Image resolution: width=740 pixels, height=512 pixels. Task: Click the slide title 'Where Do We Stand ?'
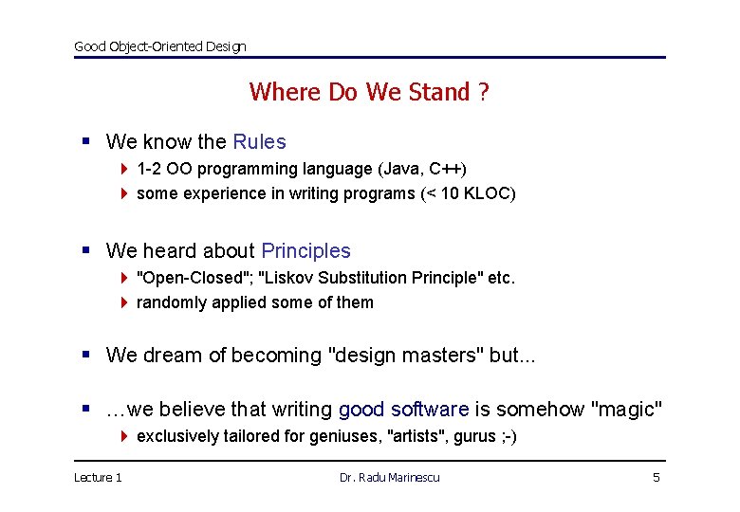click(369, 92)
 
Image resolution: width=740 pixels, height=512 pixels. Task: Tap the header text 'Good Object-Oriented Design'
click(160, 46)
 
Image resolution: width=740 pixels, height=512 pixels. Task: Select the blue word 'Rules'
click(259, 142)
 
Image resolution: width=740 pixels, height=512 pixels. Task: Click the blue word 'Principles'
click(305, 251)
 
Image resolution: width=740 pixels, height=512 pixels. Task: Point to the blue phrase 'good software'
click(403, 410)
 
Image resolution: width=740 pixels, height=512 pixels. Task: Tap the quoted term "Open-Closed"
click(194, 278)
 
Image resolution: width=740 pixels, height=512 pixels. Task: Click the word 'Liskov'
click(288, 278)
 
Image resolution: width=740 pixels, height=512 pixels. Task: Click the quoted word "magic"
click(626, 410)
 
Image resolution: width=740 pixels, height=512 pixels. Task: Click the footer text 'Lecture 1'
click(98, 477)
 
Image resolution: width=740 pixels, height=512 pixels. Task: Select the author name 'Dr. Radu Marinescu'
click(390, 477)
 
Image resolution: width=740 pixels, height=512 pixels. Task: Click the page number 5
click(656, 477)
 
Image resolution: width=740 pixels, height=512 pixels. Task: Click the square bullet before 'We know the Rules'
click(86, 142)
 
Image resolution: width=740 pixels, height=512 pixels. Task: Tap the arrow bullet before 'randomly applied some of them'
click(124, 302)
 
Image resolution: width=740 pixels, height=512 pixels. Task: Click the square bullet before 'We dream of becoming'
click(86, 356)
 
